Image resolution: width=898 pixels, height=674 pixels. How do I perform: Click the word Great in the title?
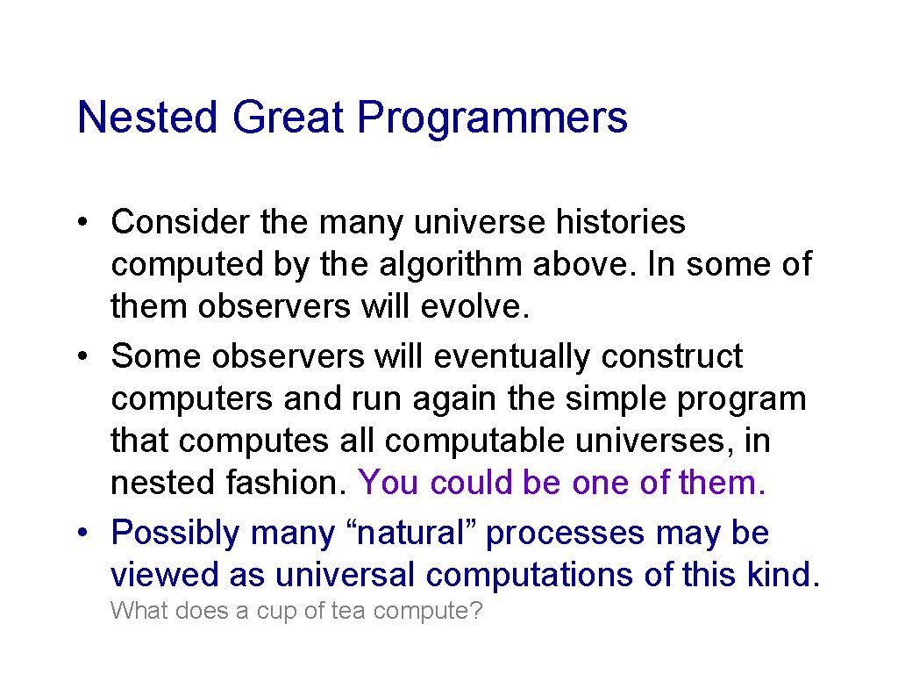[288, 117]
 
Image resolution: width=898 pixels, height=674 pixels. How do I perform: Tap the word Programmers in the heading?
[493, 119]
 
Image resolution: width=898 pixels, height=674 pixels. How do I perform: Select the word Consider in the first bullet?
[181, 222]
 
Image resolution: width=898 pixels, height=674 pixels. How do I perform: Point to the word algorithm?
[450, 265]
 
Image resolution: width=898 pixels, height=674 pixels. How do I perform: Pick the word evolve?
[474, 306]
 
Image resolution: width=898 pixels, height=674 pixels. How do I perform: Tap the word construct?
[672, 356]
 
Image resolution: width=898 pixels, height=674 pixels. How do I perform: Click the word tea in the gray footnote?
[348, 611]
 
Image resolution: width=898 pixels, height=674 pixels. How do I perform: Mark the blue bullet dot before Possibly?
[83, 533]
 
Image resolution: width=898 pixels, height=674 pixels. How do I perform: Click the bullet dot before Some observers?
[83, 356]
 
